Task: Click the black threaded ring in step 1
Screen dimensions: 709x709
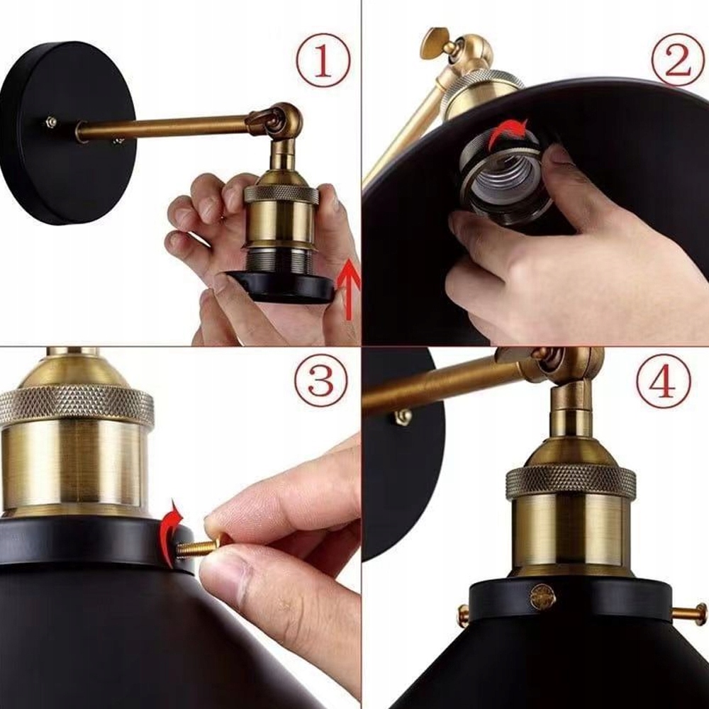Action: [x=284, y=284]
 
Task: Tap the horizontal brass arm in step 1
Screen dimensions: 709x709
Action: [x=163, y=128]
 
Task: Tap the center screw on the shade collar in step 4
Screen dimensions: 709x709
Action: [x=542, y=596]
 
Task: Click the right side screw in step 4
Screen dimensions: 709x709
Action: [x=691, y=613]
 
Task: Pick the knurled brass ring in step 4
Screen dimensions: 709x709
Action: [x=571, y=481]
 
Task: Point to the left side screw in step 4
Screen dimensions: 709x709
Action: [x=463, y=615]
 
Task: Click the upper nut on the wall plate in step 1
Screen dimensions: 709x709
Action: [x=51, y=121]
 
